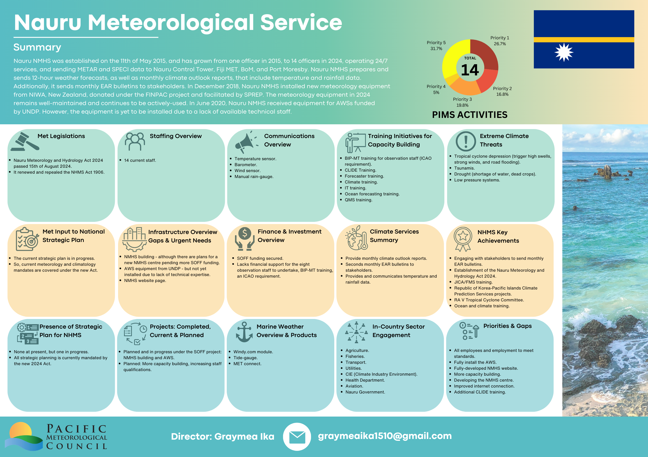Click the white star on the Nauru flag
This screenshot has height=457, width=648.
564,52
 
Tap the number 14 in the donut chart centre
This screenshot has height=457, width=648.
470,70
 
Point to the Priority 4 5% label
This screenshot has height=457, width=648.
436,89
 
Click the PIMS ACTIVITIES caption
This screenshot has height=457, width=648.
470,115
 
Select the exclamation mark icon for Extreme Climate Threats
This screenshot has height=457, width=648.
466,141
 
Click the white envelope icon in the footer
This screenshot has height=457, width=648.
297,437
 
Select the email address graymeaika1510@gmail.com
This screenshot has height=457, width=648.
385,436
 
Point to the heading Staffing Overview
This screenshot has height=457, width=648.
175,136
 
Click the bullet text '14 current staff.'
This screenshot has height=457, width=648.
140,160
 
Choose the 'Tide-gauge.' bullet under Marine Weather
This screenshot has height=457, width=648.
245,358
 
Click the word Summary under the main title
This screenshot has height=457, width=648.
37,47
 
